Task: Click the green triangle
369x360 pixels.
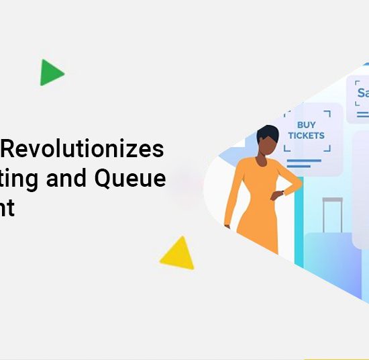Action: pos(50,73)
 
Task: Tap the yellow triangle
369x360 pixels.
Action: pos(178,255)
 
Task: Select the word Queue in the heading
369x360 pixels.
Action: pos(138,179)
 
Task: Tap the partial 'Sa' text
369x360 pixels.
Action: pos(362,93)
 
